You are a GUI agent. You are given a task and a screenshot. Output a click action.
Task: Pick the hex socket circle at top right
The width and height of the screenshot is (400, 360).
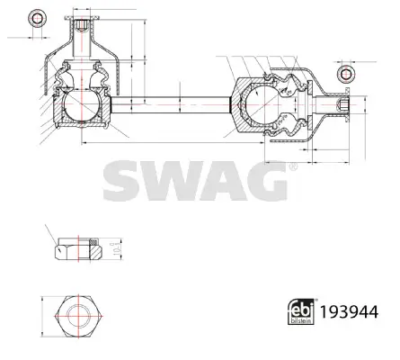tap(344, 74)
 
